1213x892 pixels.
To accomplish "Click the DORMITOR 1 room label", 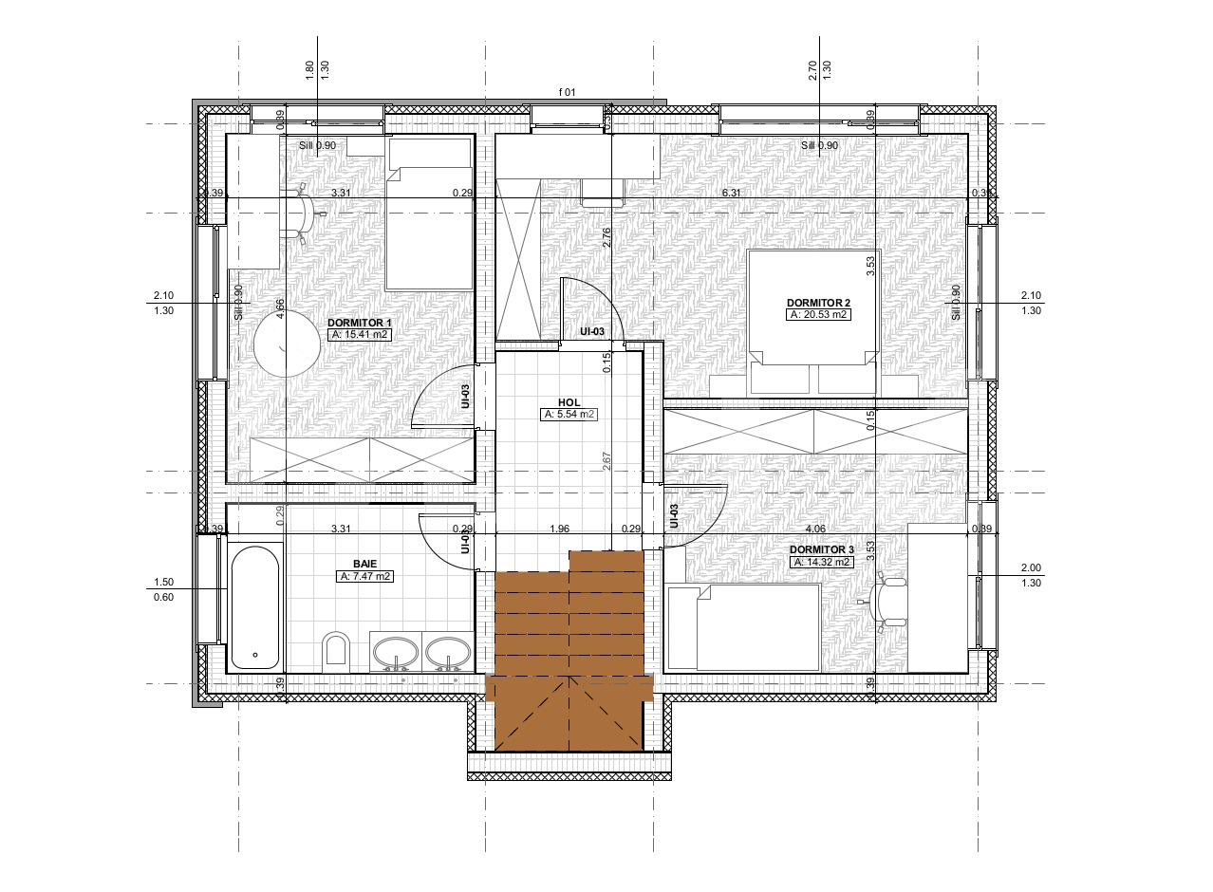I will (x=359, y=323).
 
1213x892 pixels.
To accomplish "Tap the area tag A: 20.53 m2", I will (x=817, y=314).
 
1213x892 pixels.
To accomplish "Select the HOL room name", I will (x=569, y=402).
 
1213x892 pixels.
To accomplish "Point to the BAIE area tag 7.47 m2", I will (x=365, y=576).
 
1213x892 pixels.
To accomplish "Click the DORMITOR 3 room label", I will (x=821, y=549).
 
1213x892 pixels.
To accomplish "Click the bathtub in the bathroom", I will (x=255, y=606).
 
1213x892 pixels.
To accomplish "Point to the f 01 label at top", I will (x=568, y=92).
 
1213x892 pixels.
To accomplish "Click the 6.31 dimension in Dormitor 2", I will (x=732, y=193).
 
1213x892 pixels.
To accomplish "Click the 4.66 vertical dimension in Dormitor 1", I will (x=280, y=310).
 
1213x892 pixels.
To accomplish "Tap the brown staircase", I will (x=569, y=655).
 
